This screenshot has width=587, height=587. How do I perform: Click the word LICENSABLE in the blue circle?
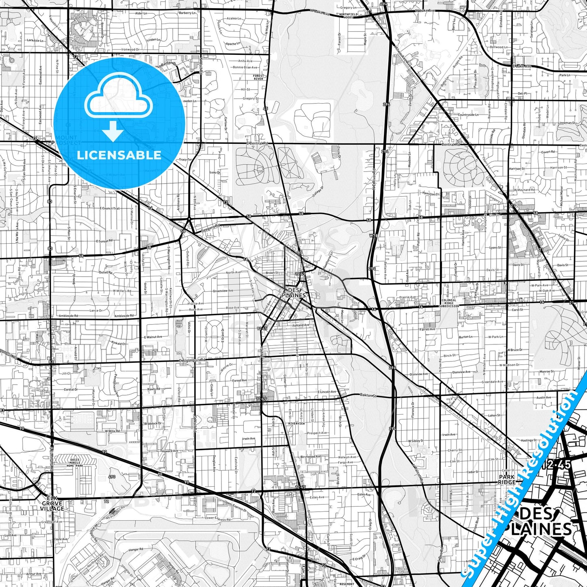tap(119, 155)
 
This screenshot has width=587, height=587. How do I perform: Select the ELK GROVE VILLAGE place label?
tap(52, 503)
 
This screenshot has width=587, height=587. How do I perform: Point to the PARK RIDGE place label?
tap(507, 479)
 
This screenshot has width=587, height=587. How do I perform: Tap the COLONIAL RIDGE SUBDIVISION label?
tap(450, 303)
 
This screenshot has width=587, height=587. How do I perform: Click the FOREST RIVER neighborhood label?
tap(258, 77)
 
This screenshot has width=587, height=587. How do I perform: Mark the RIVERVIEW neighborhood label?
tap(296, 423)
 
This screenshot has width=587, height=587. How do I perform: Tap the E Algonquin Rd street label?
tap(193, 360)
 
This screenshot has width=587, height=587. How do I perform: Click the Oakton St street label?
tap(368, 395)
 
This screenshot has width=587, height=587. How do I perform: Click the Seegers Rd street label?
tap(210, 227)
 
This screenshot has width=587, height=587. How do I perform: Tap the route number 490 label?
tap(113, 477)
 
